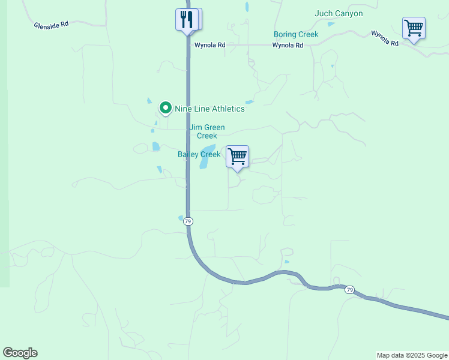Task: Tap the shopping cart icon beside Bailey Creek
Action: [x=238, y=157]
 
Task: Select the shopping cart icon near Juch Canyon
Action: [x=414, y=28]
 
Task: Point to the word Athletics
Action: [x=226, y=109]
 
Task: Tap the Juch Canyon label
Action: [x=339, y=13]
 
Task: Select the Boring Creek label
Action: [x=295, y=35]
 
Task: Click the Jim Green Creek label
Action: [x=207, y=131]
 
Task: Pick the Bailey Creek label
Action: [x=199, y=154]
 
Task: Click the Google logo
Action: [x=20, y=353]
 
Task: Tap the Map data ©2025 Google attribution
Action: [x=412, y=355]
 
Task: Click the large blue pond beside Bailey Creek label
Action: [x=207, y=154]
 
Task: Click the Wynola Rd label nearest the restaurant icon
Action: [x=209, y=45]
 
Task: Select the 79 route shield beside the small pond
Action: [x=188, y=221]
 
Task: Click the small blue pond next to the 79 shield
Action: [x=181, y=218]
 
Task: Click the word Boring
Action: [x=285, y=35]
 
